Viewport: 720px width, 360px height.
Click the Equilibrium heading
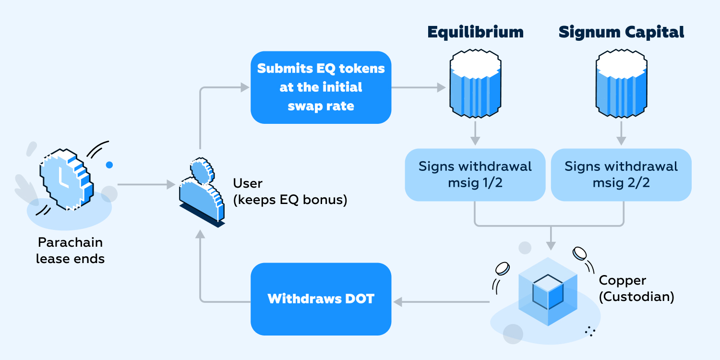[475, 32]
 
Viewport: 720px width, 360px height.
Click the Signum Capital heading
[621, 32]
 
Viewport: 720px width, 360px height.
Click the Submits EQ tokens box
[321, 87]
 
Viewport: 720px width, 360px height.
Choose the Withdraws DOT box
[321, 299]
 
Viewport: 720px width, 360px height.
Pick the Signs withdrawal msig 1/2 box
[475, 175]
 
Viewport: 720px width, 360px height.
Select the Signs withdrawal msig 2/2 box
[621, 175]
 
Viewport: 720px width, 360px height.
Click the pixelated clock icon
[65, 180]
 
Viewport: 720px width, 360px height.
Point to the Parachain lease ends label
[70, 251]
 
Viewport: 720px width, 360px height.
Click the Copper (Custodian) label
[636, 288]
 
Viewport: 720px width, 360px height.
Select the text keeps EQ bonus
[292, 200]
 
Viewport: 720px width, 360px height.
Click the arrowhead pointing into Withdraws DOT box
[398, 301]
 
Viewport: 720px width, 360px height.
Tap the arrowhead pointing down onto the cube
[551, 245]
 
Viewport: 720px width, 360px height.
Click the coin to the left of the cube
[502, 268]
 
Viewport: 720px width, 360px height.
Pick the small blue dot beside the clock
[109, 165]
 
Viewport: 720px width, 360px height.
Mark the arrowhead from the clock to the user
[170, 184]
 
